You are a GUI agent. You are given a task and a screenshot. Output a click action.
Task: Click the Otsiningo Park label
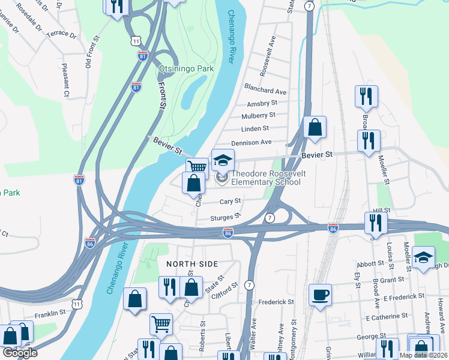tap(186, 69)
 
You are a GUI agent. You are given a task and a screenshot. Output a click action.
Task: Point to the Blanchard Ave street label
tap(265, 92)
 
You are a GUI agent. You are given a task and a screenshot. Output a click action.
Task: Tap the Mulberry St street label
tap(258, 115)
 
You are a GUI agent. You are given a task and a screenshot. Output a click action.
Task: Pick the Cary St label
tap(230, 202)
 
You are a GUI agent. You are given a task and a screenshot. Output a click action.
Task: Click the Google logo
tap(19, 353)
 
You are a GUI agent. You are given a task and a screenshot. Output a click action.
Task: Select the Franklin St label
tap(49, 313)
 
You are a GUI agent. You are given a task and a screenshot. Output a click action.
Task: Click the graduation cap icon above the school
tap(223, 160)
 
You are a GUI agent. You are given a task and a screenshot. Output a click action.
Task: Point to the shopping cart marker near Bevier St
tap(197, 167)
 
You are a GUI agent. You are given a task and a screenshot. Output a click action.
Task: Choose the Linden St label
tap(255, 128)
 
